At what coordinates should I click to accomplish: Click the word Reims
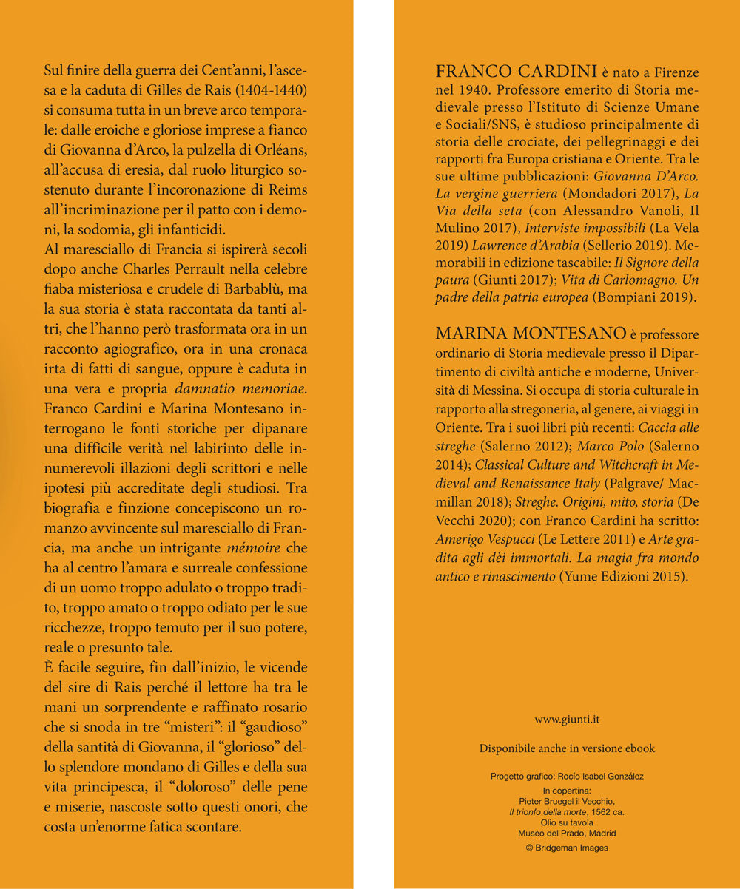coord(285,192)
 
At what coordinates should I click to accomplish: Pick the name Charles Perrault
coord(199,268)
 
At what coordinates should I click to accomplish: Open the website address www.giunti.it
coord(567,718)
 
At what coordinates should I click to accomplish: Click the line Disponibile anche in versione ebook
coord(567,748)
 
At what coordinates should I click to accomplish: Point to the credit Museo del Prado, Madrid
coord(567,834)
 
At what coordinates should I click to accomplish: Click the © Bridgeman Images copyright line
coord(567,848)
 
